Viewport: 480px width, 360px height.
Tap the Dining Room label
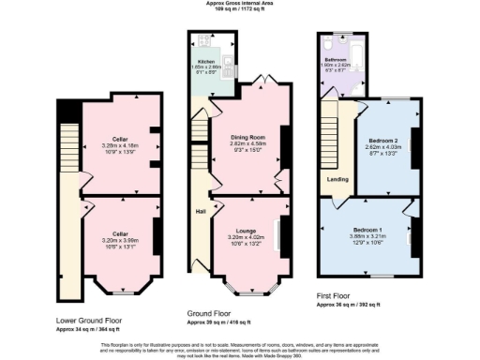240,137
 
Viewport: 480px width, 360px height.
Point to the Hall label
200,212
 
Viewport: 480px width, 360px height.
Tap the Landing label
337,180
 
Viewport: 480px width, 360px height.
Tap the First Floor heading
336,296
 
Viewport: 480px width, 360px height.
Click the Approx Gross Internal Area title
239,4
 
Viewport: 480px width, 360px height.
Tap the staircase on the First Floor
329,136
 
